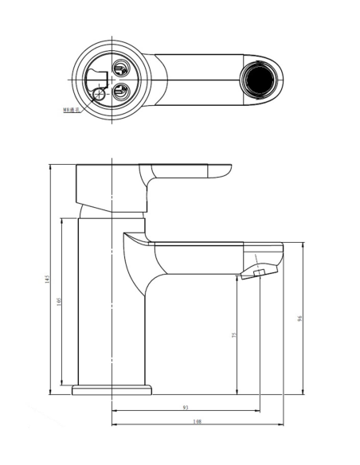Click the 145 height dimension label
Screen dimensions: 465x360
pos(49,279)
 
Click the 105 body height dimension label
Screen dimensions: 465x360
pos(63,303)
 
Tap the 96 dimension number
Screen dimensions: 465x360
pos(300,318)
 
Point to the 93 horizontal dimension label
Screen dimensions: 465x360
pos(186,408)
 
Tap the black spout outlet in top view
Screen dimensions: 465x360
pos(259,80)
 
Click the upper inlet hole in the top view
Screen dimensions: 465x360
pos(122,69)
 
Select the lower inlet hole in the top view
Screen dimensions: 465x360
pos(122,90)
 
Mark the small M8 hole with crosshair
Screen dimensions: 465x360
pos(100,97)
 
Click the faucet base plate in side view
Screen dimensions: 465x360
pos(112,390)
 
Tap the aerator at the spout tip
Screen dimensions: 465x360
pos(258,274)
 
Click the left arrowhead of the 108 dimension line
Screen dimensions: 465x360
pos(114,424)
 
